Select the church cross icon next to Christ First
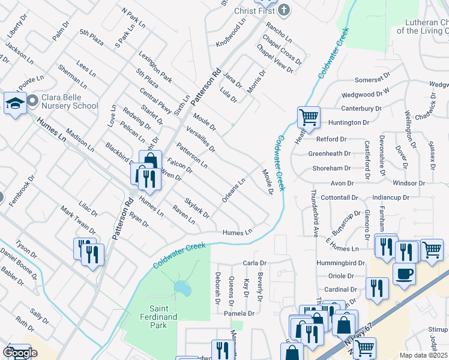coord(284,10)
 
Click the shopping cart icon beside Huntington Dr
coord(309,116)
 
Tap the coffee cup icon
coord(403,273)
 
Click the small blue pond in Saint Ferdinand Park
coord(182,290)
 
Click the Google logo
coord(20,353)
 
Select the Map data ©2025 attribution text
coord(423,355)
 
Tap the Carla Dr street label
coord(254,263)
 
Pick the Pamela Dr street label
coord(239,313)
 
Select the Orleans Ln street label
coord(234,190)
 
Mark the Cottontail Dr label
coord(339,197)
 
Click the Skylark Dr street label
coord(197,208)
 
